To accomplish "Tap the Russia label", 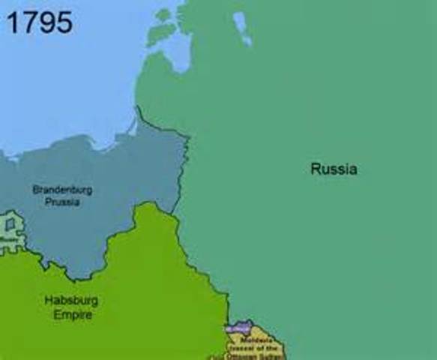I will (334, 169).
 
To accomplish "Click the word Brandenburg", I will (62, 190).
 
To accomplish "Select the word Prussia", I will (62, 202).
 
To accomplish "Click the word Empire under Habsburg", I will (73, 315).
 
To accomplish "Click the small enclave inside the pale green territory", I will (9, 224).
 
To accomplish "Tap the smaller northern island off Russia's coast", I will (164, 15).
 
